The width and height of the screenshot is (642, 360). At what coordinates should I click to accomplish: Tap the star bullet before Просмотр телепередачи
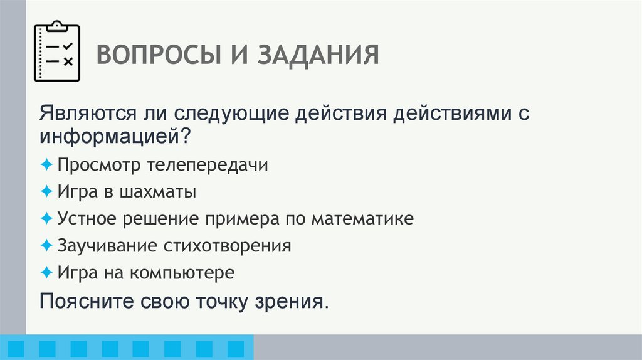[47, 165]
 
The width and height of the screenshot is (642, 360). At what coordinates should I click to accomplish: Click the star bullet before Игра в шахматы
[47, 192]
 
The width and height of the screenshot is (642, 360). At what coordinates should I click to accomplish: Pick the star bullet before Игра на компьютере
[47, 273]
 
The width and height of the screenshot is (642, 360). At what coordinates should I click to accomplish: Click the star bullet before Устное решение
[47, 219]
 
